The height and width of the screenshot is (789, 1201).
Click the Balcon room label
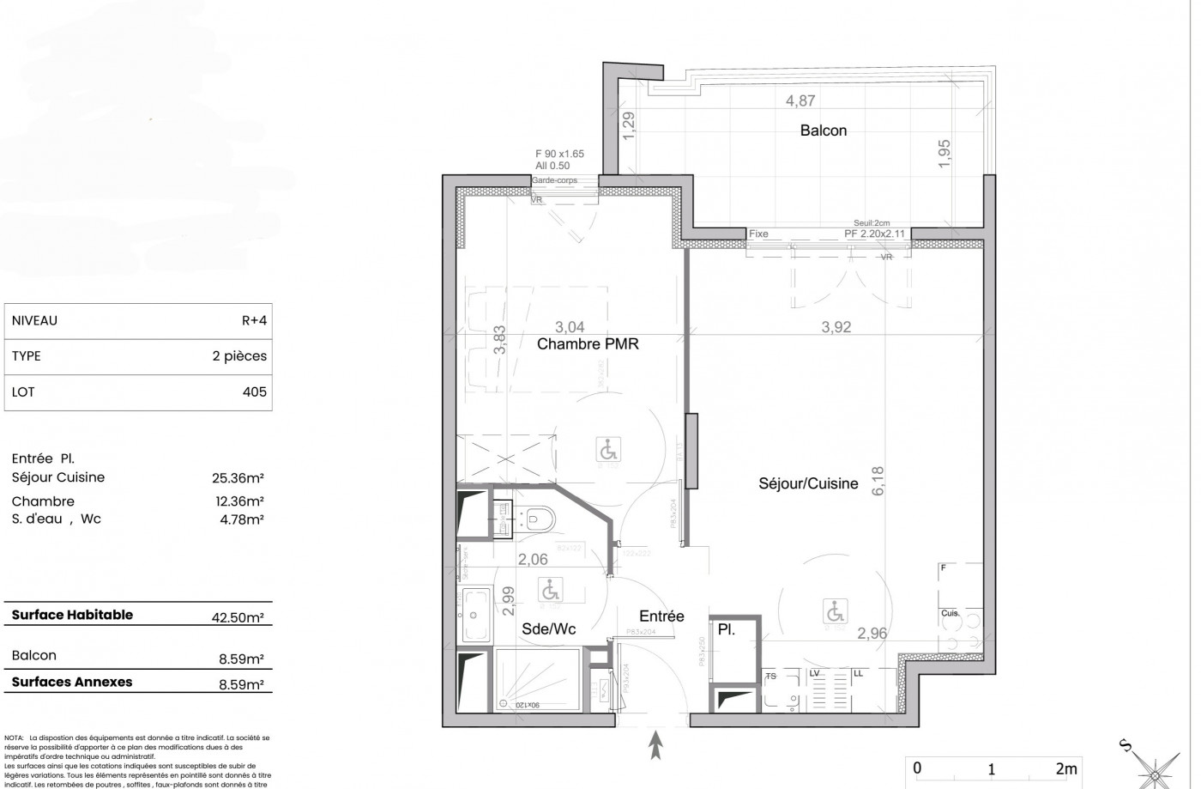[823, 130]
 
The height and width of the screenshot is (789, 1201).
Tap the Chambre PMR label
[588, 344]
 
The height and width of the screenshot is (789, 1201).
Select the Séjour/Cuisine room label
[808, 483]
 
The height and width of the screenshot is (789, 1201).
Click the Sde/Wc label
[548, 628]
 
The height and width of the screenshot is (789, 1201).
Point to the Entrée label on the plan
[661, 616]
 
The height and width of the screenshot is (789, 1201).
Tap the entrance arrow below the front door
[657, 744]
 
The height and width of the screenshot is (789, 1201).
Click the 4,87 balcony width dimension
[800, 100]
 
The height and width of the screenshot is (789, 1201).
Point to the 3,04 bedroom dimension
[570, 326]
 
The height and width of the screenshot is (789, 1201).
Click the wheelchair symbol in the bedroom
[607, 449]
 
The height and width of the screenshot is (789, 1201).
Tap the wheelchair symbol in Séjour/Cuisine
[833, 611]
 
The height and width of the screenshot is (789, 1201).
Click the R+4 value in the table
[254, 320]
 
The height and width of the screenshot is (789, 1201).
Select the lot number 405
[255, 391]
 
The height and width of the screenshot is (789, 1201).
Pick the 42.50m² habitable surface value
[237, 616]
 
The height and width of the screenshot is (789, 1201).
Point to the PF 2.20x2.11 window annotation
[874, 234]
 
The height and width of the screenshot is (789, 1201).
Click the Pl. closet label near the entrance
[726, 629]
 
